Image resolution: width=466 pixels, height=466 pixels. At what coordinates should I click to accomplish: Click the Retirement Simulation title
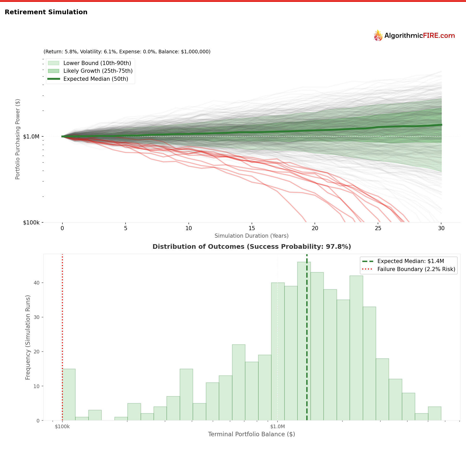pos(46,12)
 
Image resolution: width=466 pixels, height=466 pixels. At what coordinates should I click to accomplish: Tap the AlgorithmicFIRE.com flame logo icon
pos(378,36)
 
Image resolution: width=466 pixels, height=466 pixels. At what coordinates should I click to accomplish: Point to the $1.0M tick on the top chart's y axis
pos(31,136)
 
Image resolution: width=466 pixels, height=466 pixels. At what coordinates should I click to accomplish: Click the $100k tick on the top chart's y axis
pos(31,223)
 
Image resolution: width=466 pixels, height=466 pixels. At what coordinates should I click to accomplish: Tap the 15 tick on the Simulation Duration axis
pos(252,228)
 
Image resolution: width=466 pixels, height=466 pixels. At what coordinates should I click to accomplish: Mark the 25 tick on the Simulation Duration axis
pos(378,228)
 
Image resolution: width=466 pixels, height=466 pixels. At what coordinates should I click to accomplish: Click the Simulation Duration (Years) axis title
pos(251,236)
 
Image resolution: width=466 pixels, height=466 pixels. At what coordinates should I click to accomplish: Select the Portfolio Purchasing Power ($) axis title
pos(18,139)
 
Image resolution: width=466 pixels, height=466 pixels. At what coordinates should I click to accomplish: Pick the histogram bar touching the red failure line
pos(69,395)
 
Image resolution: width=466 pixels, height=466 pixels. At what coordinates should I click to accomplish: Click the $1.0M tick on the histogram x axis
pos(277,427)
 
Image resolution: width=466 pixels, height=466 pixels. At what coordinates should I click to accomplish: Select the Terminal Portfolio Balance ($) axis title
pos(251,434)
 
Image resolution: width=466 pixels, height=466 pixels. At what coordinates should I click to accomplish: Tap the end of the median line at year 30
pos(441,125)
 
